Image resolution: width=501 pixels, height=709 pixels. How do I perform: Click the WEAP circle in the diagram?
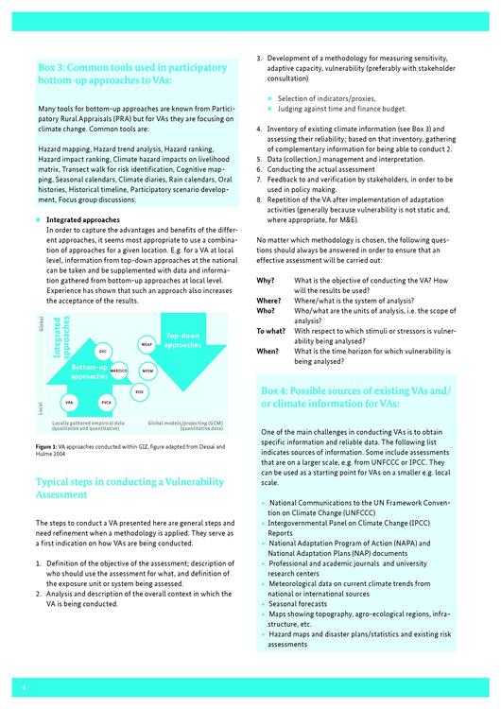coord(147,344)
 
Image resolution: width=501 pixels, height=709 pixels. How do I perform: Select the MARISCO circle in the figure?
coord(119,371)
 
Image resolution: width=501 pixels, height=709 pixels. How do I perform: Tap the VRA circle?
coord(69,402)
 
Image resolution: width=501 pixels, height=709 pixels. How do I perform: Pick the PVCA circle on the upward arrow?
coord(106,403)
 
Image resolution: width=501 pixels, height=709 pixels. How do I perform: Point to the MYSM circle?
coord(147,372)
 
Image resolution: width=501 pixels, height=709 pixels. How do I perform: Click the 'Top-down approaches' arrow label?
coord(182,340)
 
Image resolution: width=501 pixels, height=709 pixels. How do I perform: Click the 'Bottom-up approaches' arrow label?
coord(89,372)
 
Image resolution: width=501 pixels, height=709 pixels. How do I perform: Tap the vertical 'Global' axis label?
coord(42,323)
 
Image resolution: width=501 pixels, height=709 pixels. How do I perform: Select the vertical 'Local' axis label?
coord(41,408)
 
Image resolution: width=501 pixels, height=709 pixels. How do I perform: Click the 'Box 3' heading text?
coord(132,74)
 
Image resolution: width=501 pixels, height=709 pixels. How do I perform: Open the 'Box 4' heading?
coord(355,397)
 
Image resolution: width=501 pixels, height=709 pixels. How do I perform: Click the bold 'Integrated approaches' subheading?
coord(83,219)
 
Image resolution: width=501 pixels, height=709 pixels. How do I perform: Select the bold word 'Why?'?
coord(266,281)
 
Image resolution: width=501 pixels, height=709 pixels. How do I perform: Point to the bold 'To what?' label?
coord(271,331)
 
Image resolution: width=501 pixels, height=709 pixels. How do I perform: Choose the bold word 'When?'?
coord(268,351)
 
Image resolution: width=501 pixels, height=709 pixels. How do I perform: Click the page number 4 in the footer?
coord(24,688)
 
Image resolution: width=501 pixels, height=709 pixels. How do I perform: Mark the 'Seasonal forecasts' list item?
coord(298,604)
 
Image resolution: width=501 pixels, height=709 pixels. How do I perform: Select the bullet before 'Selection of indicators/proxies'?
coord(270,98)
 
